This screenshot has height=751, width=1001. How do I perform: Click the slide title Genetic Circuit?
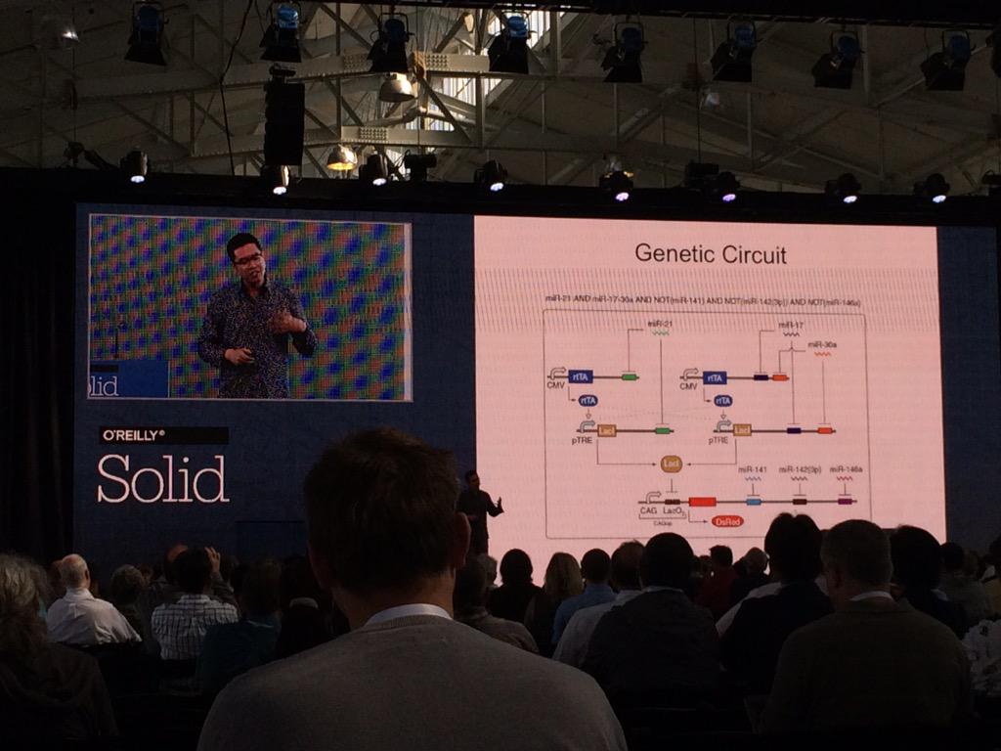710,254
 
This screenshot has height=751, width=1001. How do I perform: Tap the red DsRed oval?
727,521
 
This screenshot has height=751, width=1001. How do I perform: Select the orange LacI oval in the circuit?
671,464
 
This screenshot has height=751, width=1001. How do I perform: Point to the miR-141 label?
752,469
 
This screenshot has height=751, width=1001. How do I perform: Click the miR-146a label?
846,469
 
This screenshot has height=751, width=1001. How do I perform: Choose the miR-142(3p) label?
799,469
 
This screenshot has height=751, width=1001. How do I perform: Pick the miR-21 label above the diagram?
661,323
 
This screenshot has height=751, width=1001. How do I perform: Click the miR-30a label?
822,344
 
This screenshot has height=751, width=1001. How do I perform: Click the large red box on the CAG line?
702,502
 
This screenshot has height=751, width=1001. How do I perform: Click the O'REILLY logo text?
133,435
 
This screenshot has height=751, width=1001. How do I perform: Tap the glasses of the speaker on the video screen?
248,259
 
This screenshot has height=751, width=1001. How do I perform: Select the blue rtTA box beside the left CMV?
581,376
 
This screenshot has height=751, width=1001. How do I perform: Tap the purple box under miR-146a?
845,501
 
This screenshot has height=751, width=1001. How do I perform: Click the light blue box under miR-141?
753,501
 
